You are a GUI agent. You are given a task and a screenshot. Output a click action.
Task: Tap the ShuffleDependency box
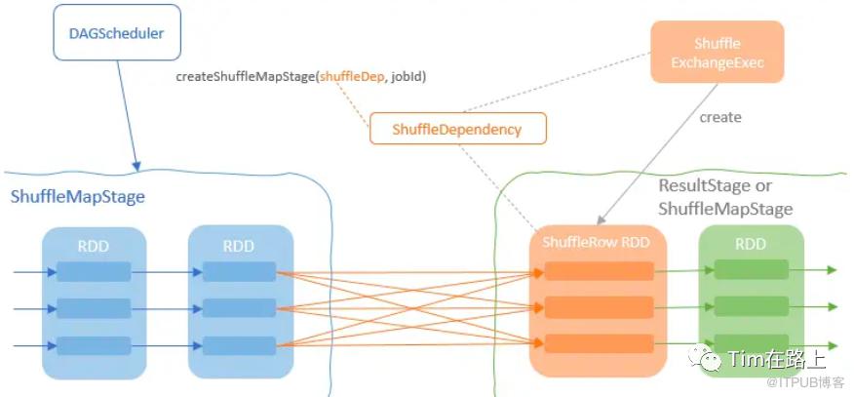tap(456, 129)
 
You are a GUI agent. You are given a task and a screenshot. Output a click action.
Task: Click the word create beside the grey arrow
tap(720, 117)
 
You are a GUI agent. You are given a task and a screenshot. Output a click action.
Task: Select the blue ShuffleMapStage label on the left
tap(78, 197)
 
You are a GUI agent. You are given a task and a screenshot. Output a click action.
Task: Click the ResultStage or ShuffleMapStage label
tap(725, 197)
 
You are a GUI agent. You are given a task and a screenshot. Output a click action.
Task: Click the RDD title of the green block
tap(751, 244)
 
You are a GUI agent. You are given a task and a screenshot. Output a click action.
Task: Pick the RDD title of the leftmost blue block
tap(94, 245)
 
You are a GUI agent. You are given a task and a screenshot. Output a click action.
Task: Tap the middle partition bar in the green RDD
tap(751, 307)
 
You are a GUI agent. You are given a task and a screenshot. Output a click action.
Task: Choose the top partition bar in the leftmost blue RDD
tap(94, 271)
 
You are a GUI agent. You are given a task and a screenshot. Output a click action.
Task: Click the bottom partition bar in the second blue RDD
tap(240, 345)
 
